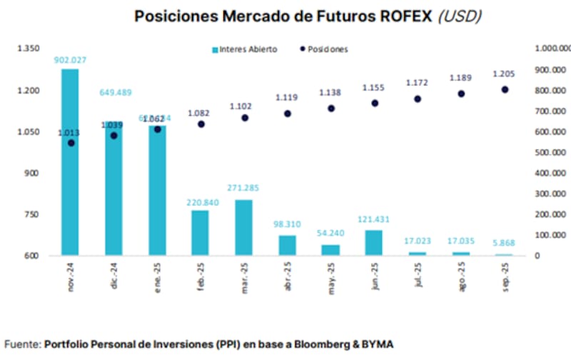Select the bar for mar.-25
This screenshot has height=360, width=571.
click(243, 227)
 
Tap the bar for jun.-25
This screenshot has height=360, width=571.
click(374, 242)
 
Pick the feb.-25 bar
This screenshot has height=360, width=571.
click(200, 233)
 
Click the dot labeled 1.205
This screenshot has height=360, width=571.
click(505, 89)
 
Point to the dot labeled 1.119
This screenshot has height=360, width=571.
click(288, 114)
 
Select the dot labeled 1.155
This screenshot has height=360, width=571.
click(375, 103)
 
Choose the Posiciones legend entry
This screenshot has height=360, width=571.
click(325, 49)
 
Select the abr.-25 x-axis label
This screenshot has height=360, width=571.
click(288, 274)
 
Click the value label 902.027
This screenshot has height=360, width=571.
click(70, 60)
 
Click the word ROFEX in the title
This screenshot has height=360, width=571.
click(399, 16)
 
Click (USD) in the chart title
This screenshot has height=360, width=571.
click(459, 16)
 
